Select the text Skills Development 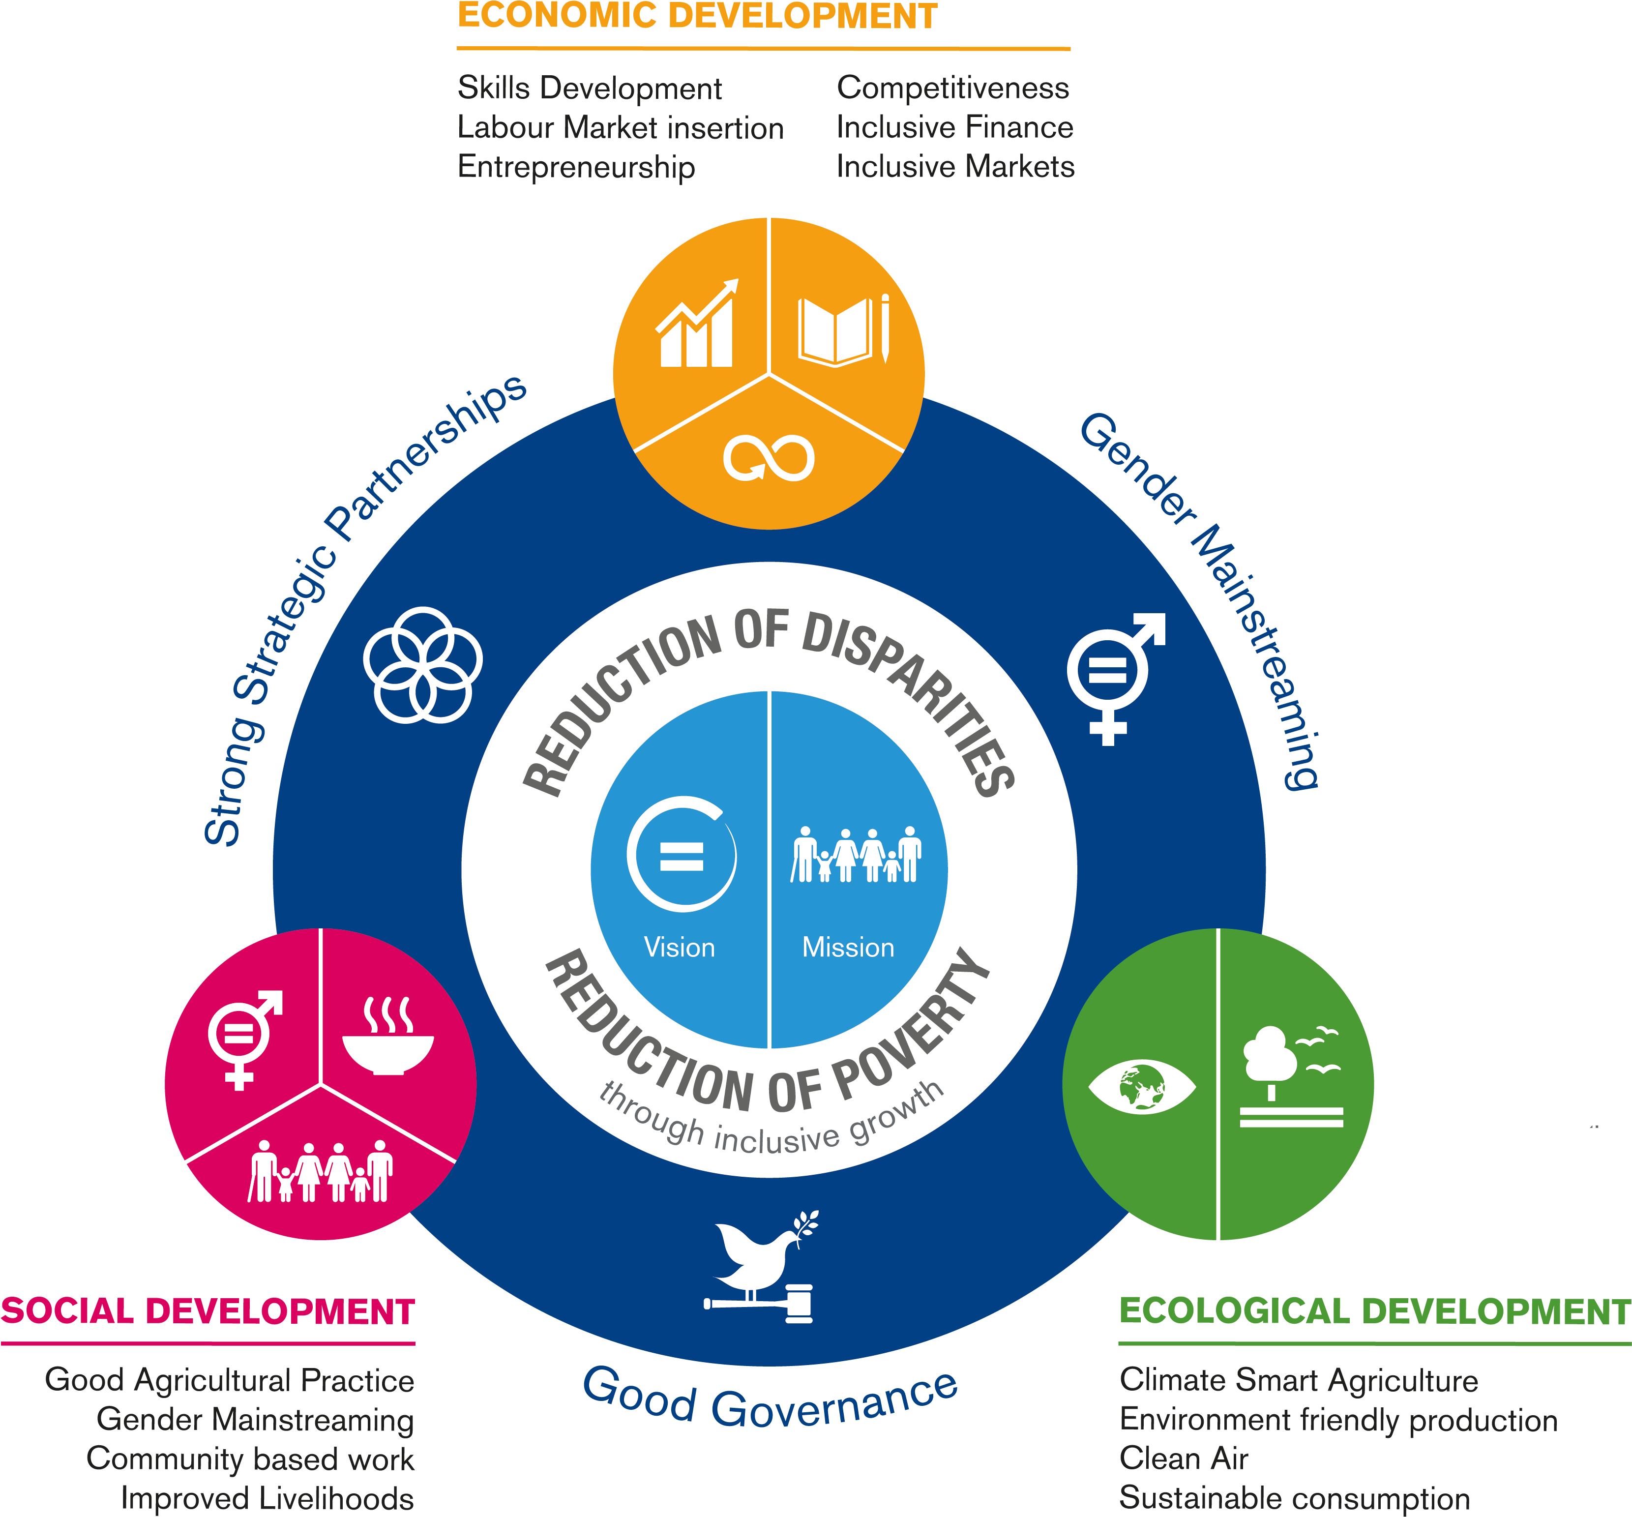tap(590, 89)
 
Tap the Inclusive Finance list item tap(954, 127)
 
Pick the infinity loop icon tap(769, 457)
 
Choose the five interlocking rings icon tap(423, 665)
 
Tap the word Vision tap(679, 947)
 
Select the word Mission tap(848, 947)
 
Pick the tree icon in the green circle tap(1270, 1059)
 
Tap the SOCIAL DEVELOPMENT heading tap(208, 1311)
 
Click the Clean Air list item tap(1183, 1458)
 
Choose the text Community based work tap(250, 1458)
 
